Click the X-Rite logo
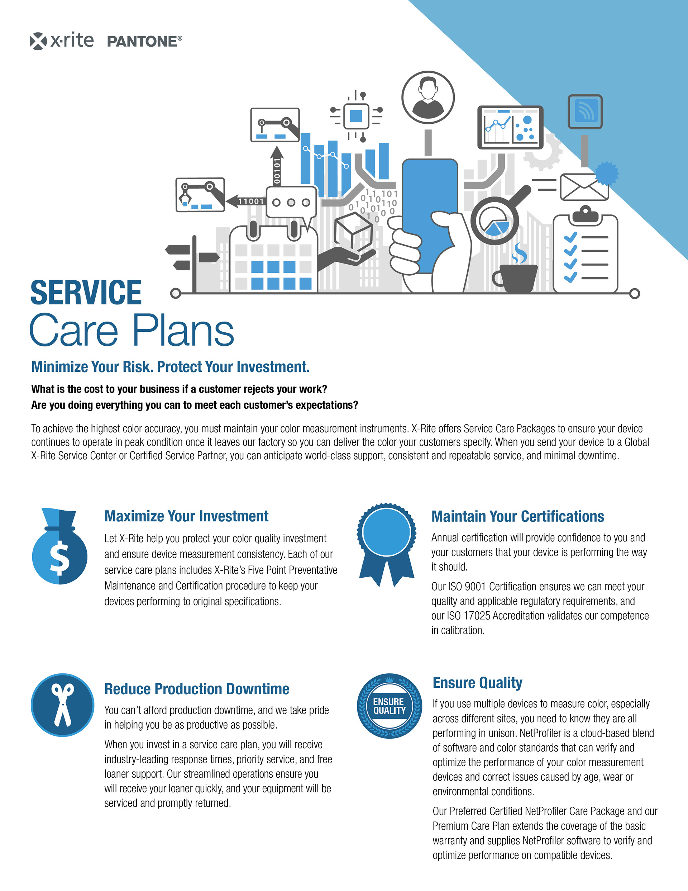click(62, 41)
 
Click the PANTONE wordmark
click(144, 42)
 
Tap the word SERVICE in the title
click(86, 293)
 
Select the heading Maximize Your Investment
click(186, 516)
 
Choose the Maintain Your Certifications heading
click(517, 516)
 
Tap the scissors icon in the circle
click(62, 705)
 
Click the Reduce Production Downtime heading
click(197, 689)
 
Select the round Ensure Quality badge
click(389, 706)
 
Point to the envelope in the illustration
click(584, 187)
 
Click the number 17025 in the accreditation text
click(477, 616)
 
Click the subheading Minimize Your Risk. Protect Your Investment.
click(171, 367)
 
